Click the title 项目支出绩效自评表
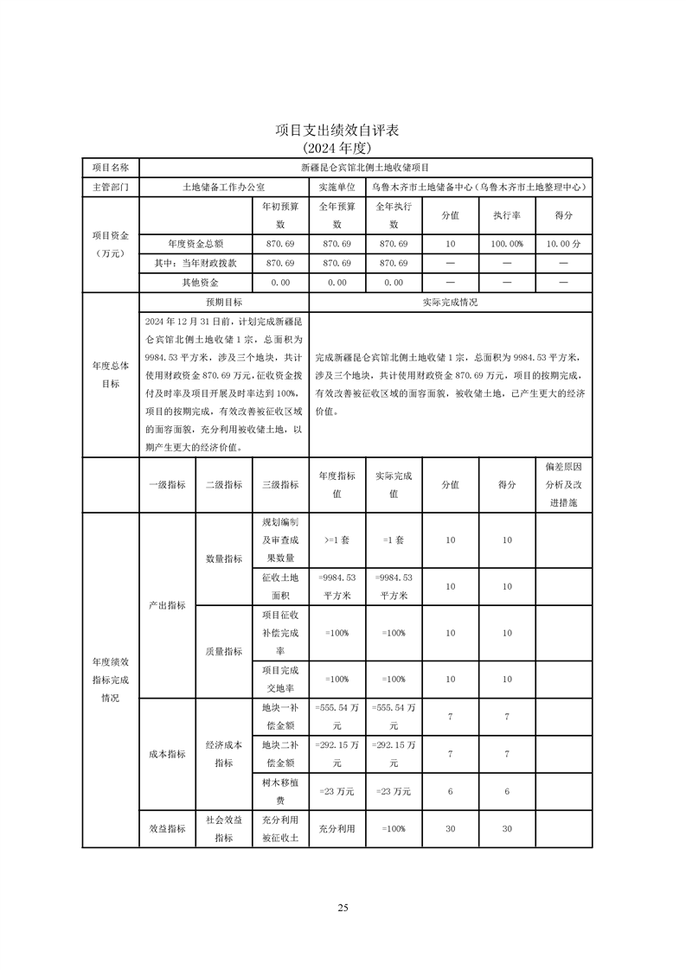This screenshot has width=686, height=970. click(342, 131)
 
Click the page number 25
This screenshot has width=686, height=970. click(343, 907)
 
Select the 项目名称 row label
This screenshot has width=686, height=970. click(110, 167)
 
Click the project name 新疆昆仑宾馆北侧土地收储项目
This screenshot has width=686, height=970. click(365, 167)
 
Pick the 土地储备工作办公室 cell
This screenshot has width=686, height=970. click(223, 186)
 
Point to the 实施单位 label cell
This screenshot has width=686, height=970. click(337, 186)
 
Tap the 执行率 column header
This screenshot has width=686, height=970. click(506, 215)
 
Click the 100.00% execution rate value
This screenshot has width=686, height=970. click(506, 245)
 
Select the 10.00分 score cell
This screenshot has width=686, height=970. click(563, 245)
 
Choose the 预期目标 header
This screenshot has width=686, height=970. click(223, 303)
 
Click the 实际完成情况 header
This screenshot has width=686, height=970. click(450, 303)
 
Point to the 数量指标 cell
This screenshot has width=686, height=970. click(223, 558)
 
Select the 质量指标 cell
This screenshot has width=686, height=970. click(223, 651)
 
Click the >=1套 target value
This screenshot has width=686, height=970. click(337, 539)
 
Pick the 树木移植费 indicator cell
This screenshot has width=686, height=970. click(280, 791)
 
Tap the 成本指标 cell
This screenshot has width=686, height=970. click(167, 754)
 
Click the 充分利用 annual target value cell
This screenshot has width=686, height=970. click(337, 828)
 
